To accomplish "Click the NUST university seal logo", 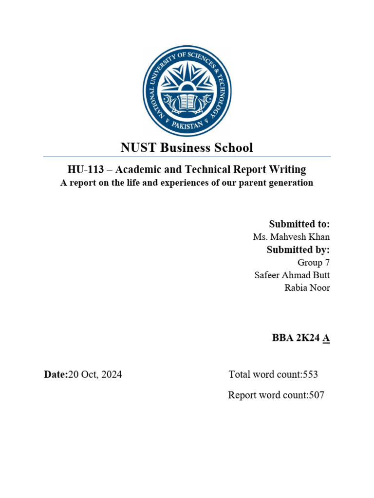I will click(187, 91).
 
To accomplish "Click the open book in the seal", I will click(187, 101).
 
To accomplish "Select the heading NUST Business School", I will click(187, 147).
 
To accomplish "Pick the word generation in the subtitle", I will click(290, 183).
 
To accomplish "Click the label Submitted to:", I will click(299, 224).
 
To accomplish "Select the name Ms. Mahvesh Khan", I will click(291, 237).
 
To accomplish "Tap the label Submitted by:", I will click(298, 250).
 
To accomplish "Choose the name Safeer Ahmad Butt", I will click(292, 275).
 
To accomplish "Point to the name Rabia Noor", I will click(307, 288).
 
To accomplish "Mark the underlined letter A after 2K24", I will click(326, 339).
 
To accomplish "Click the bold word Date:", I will click(56, 374).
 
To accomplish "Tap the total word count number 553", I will click(310, 374).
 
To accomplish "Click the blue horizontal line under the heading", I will click(187, 157).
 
